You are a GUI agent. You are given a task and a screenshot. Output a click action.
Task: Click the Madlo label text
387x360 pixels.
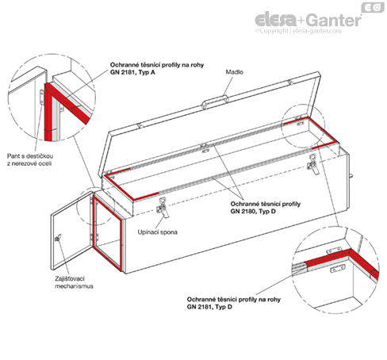point(234,72)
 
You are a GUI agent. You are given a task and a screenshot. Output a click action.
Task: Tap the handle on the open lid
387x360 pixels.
point(215,101)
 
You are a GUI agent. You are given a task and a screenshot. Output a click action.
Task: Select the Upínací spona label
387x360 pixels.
point(157,232)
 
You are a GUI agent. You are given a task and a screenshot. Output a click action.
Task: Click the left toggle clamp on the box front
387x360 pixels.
point(163,208)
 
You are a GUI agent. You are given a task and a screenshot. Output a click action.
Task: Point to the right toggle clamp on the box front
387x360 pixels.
point(313,164)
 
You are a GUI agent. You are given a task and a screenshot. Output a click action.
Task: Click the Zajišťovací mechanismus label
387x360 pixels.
point(74,282)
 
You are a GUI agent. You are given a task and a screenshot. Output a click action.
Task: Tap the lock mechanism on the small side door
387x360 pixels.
point(58,238)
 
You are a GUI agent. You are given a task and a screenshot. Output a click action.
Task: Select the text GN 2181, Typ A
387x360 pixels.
point(132,72)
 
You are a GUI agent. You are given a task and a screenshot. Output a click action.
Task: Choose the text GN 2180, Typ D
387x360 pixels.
point(253,211)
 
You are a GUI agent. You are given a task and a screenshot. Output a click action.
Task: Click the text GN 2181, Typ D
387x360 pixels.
point(209,307)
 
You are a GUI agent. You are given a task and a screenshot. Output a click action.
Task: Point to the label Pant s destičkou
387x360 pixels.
point(30,156)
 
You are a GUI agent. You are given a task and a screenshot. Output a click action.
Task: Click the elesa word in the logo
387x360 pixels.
point(276,20)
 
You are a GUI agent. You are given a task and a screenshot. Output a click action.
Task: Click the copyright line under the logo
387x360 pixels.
point(298,31)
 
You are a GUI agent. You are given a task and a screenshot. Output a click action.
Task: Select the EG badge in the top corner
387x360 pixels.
point(373,7)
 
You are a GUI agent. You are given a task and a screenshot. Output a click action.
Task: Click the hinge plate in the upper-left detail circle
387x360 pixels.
point(41,98)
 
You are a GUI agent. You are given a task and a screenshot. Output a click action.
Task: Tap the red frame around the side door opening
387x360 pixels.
point(108,233)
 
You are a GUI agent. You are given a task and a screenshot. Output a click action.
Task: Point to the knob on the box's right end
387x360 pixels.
point(351,176)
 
